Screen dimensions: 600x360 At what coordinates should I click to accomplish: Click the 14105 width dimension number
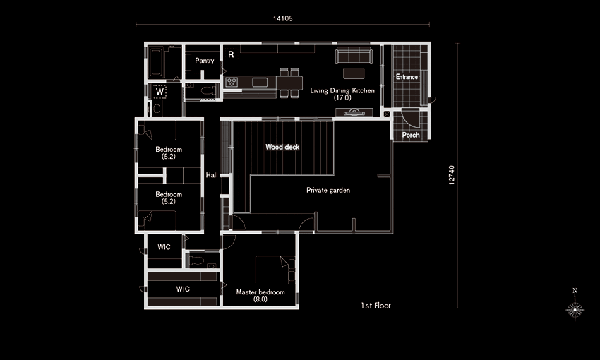(x=283, y=18)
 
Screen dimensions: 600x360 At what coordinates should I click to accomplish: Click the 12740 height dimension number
(x=452, y=175)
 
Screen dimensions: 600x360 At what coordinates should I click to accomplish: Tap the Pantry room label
(x=204, y=61)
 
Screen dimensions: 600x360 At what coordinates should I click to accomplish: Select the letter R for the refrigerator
(x=231, y=55)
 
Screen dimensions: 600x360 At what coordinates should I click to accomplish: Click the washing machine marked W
(x=160, y=92)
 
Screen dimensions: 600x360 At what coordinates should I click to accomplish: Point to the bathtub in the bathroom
(x=156, y=62)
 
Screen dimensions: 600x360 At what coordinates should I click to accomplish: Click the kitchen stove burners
(x=232, y=82)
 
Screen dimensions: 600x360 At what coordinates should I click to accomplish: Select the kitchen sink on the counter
(x=260, y=82)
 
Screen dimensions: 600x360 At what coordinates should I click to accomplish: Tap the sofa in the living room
(x=354, y=55)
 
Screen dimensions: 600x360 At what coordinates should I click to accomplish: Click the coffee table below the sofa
(x=354, y=73)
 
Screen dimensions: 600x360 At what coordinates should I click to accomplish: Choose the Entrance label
(x=407, y=77)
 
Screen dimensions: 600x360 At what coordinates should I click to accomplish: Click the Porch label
(x=411, y=135)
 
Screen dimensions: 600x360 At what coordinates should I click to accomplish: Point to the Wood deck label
(x=282, y=147)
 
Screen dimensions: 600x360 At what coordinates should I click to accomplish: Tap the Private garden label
(x=328, y=190)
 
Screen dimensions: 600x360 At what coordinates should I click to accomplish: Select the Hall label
(x=212, y=175)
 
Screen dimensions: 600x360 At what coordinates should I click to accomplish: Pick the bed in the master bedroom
(x=275, y=270)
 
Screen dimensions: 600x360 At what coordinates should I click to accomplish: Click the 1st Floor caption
(x=376, y=306)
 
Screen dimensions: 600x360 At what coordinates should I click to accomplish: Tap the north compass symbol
(x=575, y=307)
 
